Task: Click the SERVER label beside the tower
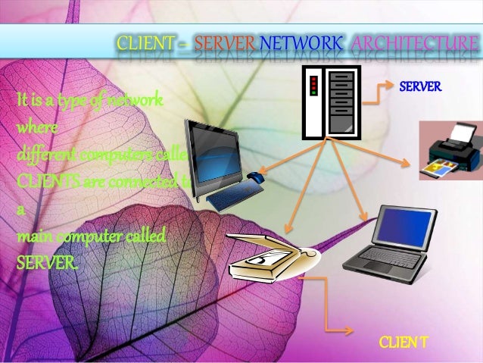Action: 420,87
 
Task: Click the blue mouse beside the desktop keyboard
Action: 255,179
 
